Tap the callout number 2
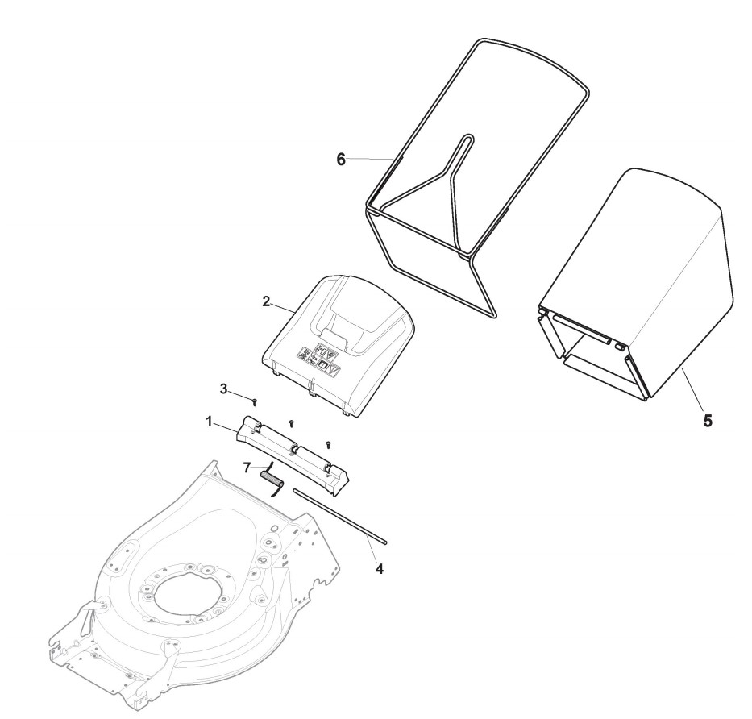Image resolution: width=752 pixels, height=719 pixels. (x=265, y=302)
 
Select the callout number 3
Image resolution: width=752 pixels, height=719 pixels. (x=223, y=389)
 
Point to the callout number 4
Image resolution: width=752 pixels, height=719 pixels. (x=380, y=569)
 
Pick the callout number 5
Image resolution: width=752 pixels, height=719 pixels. (x=707, y=420)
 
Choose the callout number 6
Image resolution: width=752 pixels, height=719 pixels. (x=340, y=160)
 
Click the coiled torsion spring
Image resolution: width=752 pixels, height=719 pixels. (x=272, y=482)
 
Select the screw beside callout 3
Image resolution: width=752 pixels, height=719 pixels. (x=256, y=398)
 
